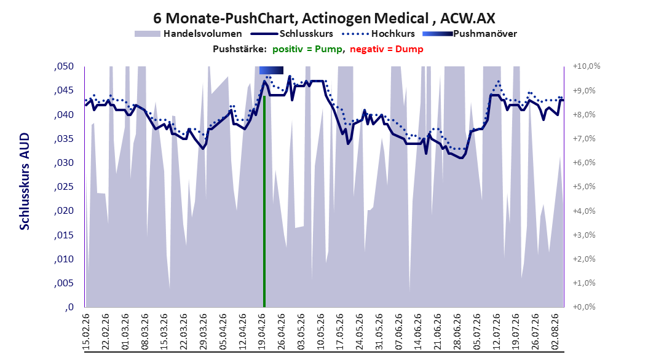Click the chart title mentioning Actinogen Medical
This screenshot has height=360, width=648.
point(324,18)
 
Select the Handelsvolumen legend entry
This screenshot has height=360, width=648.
point(188,34)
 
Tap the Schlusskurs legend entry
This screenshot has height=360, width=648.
point(292,34)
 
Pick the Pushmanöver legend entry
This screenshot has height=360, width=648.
point(470,34)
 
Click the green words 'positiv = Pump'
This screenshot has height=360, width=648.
point(307,49)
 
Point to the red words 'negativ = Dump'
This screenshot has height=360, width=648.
point(387,49)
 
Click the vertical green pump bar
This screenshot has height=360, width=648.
point(264,202)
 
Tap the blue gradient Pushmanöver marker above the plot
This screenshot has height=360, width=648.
point(271,70)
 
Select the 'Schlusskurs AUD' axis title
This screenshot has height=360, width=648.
point(25,181)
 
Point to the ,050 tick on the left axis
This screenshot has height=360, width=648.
point(64,66)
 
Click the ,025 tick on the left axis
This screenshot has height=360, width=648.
point(64,187)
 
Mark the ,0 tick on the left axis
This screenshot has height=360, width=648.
point(69,307)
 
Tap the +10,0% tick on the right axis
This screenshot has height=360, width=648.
point(587,66)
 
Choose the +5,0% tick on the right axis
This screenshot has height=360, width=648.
point(584,187)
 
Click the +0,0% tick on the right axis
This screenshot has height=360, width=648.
point(584,307)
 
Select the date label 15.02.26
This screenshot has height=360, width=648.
point(86,332)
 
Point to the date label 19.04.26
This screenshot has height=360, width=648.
point(261,332)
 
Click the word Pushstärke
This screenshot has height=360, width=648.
point(240,49)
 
